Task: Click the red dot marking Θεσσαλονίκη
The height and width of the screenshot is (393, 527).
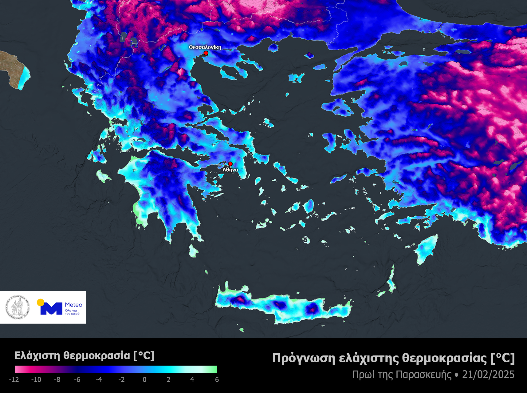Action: (206, 53)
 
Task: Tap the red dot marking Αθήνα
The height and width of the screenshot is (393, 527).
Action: (230, 164)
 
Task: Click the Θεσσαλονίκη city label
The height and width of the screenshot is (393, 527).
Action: (205, 47)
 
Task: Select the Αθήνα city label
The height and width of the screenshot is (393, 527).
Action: (230, 170)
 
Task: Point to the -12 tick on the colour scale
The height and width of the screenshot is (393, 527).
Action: (14, 379)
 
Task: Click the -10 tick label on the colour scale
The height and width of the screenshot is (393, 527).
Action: (36, 379)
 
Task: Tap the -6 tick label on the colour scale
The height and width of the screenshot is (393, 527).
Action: (77, 379)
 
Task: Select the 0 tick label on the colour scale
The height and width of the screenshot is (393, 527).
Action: (144, 379)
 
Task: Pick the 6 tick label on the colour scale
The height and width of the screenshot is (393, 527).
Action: (217, 379)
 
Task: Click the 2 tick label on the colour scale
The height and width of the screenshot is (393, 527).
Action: (168, 379)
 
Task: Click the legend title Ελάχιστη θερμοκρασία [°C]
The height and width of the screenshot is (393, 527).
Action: (84, 356)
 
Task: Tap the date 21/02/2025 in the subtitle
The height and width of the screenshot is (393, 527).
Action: (488, 375)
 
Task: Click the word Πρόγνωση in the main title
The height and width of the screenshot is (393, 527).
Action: (304, 359)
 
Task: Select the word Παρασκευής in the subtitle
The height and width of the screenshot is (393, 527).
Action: (423, 375)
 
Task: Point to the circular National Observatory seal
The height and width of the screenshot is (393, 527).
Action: (18, 307)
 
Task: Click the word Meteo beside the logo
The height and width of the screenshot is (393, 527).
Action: (73, 305)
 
